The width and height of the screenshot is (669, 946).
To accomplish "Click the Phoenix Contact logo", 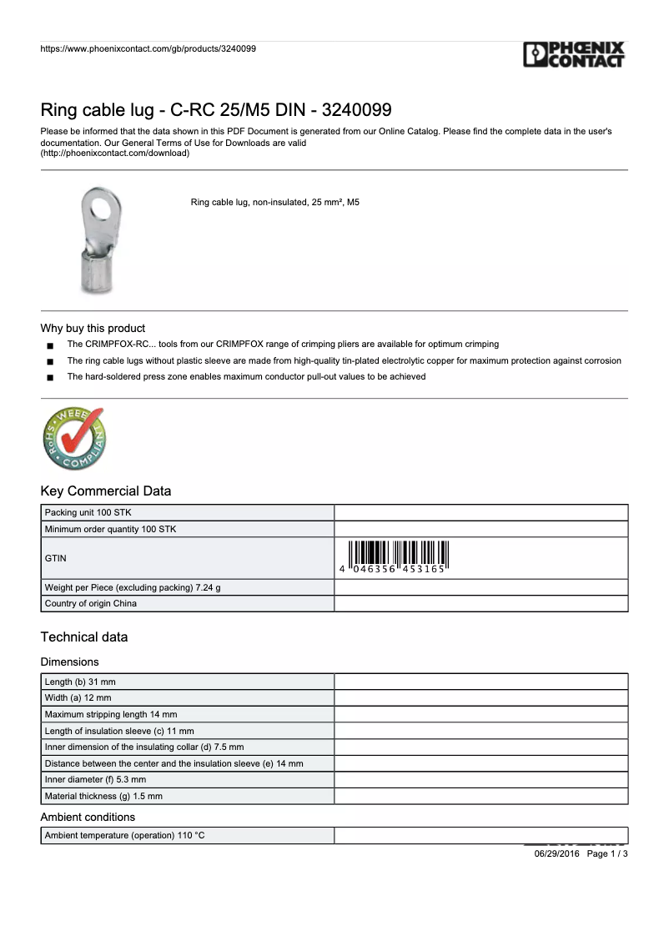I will click(574, 55).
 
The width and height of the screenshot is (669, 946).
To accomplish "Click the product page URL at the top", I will click(148, 48).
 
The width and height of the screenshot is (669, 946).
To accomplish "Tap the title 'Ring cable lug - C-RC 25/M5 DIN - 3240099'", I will click(216, 110).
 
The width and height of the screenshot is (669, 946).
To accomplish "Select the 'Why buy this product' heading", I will click(93, 328).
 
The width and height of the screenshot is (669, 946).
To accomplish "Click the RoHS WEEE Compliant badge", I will click(73, 439).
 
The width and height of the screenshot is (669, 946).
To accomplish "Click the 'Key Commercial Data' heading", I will click(106, 491).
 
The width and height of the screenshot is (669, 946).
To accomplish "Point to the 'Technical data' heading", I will click(84, 637).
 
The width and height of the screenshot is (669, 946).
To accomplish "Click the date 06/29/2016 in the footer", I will click(556, 853).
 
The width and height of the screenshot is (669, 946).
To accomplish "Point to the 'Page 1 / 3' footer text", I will click(607, 853).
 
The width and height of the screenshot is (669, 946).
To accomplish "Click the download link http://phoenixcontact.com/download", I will click(115, 153).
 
